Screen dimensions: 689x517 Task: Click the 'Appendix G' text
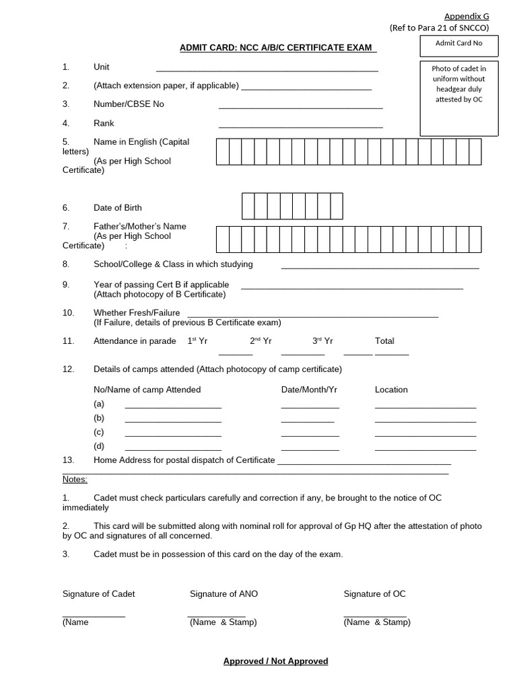click(467, 16)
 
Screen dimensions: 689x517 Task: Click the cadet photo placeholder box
click(459, 98)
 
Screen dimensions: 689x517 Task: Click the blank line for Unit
click(267, 69)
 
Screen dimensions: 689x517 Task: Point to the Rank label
click(104, 123)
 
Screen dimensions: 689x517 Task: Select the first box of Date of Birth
click(248, 206)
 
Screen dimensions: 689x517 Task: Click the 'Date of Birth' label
click(118, 208)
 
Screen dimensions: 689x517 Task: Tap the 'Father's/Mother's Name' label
click(140, 227)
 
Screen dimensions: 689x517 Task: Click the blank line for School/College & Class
click(380, 267)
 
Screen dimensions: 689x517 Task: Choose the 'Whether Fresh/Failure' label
click(137, 313)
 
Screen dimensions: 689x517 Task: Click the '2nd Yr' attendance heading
click(261, 341)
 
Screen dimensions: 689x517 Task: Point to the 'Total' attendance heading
click(384, 341)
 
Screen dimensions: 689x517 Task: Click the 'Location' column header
click(391, 390)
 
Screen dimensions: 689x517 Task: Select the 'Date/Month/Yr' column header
click(309, 390)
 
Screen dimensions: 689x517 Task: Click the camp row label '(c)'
click(99, 432)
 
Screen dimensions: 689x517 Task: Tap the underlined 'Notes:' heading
click(75, 479)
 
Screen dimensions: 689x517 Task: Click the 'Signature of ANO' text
click(223, 593)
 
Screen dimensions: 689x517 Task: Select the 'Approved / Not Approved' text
click(276, 661)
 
